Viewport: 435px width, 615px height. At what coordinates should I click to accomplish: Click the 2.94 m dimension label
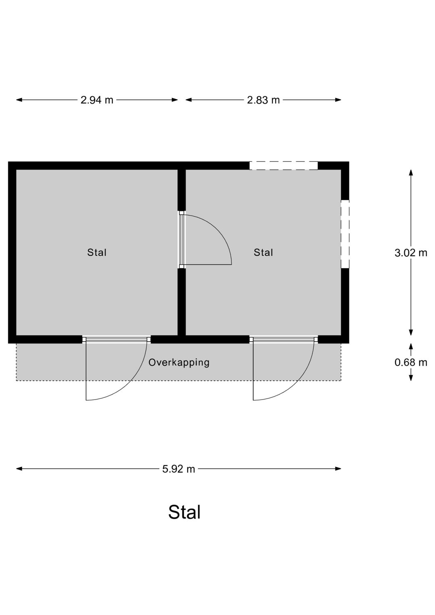(97, 100)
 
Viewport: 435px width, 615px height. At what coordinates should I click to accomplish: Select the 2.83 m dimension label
(263, 100)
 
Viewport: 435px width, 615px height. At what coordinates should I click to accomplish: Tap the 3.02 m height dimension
(411, 253)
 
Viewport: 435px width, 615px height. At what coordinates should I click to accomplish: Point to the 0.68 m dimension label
(411, 362)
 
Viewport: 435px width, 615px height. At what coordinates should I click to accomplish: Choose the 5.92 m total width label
(178, 469)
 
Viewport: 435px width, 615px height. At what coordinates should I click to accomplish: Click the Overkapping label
(179, 362)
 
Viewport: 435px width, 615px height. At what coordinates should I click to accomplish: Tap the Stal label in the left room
(97, 252)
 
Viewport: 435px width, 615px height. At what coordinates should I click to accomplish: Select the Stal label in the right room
(263, 252)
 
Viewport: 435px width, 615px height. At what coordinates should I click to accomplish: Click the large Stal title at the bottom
(184, 512)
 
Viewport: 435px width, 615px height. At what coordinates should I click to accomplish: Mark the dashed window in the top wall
(284, 165)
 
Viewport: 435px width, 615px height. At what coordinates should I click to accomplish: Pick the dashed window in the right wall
(345, 234)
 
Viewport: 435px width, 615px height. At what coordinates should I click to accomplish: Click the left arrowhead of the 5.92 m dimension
(19, 469)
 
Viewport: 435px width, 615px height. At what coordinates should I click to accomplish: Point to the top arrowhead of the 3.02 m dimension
(411, 172)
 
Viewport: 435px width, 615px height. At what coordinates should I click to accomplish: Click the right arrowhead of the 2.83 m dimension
(338, 100)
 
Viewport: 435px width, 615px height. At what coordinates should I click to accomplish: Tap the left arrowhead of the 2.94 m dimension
(19, 100)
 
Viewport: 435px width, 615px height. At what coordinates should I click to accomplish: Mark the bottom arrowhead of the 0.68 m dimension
(411, 378)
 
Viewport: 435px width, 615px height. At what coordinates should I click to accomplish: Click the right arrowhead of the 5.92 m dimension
(338, 469)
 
